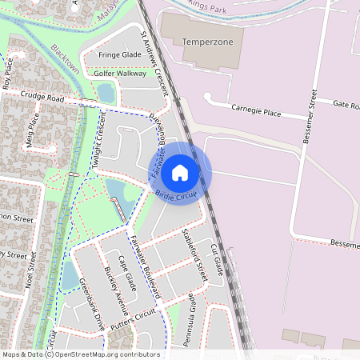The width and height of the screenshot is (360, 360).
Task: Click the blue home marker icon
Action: [180, 173]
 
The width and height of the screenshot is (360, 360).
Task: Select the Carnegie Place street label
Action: [257, 110]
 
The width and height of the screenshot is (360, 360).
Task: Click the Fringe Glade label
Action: [120, 54]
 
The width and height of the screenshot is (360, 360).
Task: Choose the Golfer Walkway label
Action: [121, 74]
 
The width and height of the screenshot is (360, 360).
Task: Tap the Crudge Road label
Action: [43, 98]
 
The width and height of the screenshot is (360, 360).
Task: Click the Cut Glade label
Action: [216, 261]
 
